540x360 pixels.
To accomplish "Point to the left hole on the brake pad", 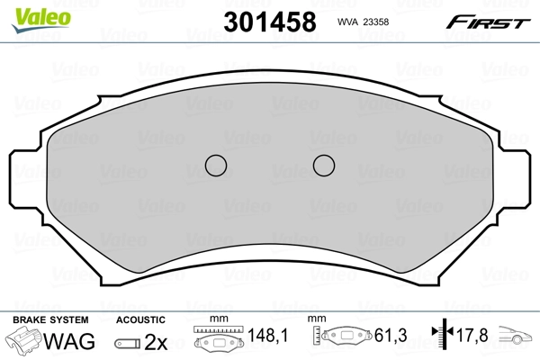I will click(215, 166).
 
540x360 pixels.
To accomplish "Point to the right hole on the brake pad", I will click(323, 166).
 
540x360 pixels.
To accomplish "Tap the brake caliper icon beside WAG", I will click(23, 341).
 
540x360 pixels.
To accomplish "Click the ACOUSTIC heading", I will click(140, 319).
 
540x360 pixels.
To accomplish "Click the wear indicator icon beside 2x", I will click(127, 342).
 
